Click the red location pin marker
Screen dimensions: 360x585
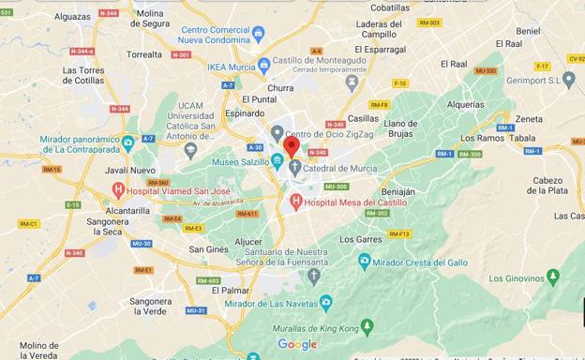tap(291, 147)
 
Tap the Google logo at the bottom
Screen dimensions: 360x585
tap(297, 344)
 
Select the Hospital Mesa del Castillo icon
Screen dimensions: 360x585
tap(296, 201)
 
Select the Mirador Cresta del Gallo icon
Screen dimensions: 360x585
tap(365, 261)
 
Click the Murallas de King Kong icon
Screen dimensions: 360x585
tap(367, 325)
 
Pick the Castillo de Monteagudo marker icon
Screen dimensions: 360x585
tap(352, 82)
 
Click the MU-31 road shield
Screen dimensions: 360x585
tap(196, 310)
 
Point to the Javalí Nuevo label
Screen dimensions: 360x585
tap(130, 171)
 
